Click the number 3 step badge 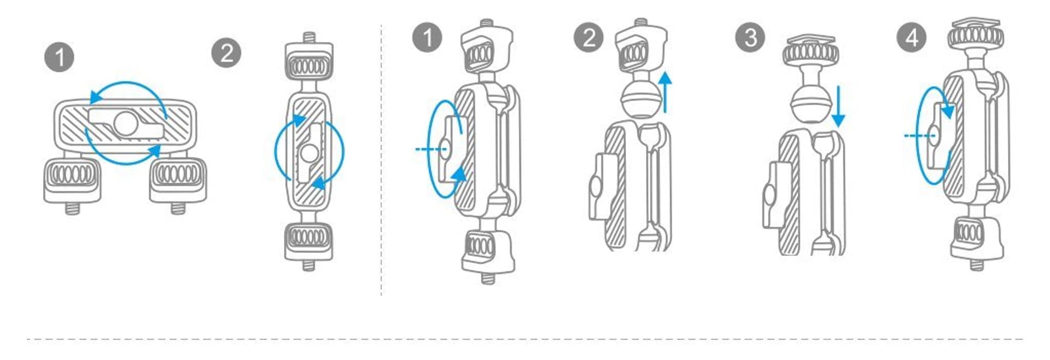(751, 37)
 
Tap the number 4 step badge (912, 37)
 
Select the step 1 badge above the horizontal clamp (60, 57)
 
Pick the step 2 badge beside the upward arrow (589, 37)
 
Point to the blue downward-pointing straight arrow (837, 107)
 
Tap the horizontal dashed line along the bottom (525, 339)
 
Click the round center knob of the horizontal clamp (126, 123)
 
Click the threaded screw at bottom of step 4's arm (977, 264)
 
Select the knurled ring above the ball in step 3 (811, 55)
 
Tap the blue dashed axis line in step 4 (918, 135)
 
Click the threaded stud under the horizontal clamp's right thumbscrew (178, 208)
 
